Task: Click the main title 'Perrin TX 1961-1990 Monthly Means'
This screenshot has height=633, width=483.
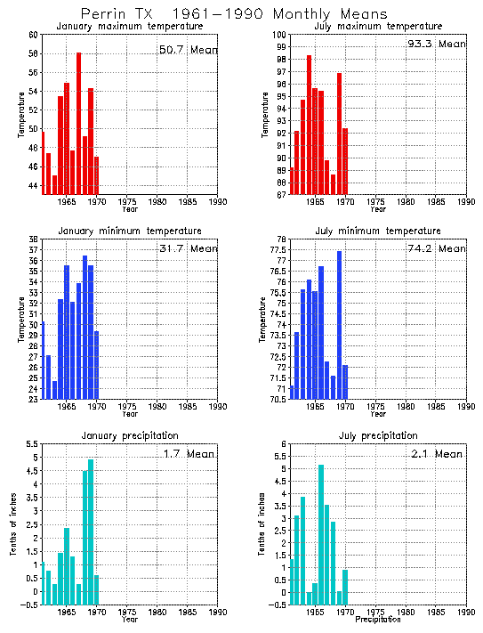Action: coord(234,14)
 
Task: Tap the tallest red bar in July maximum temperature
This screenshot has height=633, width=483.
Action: coord(309,125)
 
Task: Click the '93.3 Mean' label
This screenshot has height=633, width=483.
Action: coord(436,44)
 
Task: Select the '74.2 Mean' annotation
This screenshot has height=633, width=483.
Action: coord(436,248)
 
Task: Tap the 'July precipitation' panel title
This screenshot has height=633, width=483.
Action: coord(378,435)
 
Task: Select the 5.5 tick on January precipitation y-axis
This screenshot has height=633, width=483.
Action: coord(30,444)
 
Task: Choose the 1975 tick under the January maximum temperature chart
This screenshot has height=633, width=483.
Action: coord(128,202)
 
